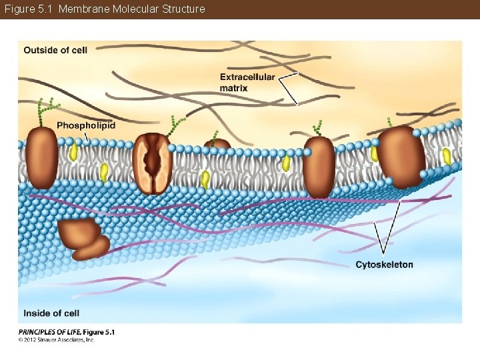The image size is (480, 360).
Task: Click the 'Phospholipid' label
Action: [x=86, y=125]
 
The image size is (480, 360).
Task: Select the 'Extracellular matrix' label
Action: [x=247, y=82]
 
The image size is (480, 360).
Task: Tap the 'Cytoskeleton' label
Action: [x=384, y=265]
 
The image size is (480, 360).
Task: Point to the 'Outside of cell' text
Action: [x=55, y=50]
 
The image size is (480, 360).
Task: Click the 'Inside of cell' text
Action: [x=51, y=313]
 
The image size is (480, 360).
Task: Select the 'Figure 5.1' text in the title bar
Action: [x=29, y=9]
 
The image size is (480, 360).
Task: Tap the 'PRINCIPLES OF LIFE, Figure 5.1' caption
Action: [x=67, y=332]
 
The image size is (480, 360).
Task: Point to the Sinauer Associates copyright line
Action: [x=57, y=340]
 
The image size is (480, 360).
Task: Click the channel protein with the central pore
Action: [x=153, y=163]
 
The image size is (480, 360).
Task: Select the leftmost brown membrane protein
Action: [x=42, y=157]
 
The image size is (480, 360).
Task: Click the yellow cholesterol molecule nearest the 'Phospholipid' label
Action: [x=74, y=153]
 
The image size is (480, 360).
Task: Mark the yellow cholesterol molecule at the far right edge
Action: [x=446, y=156]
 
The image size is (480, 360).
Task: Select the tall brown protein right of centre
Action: [x=319, y=167]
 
